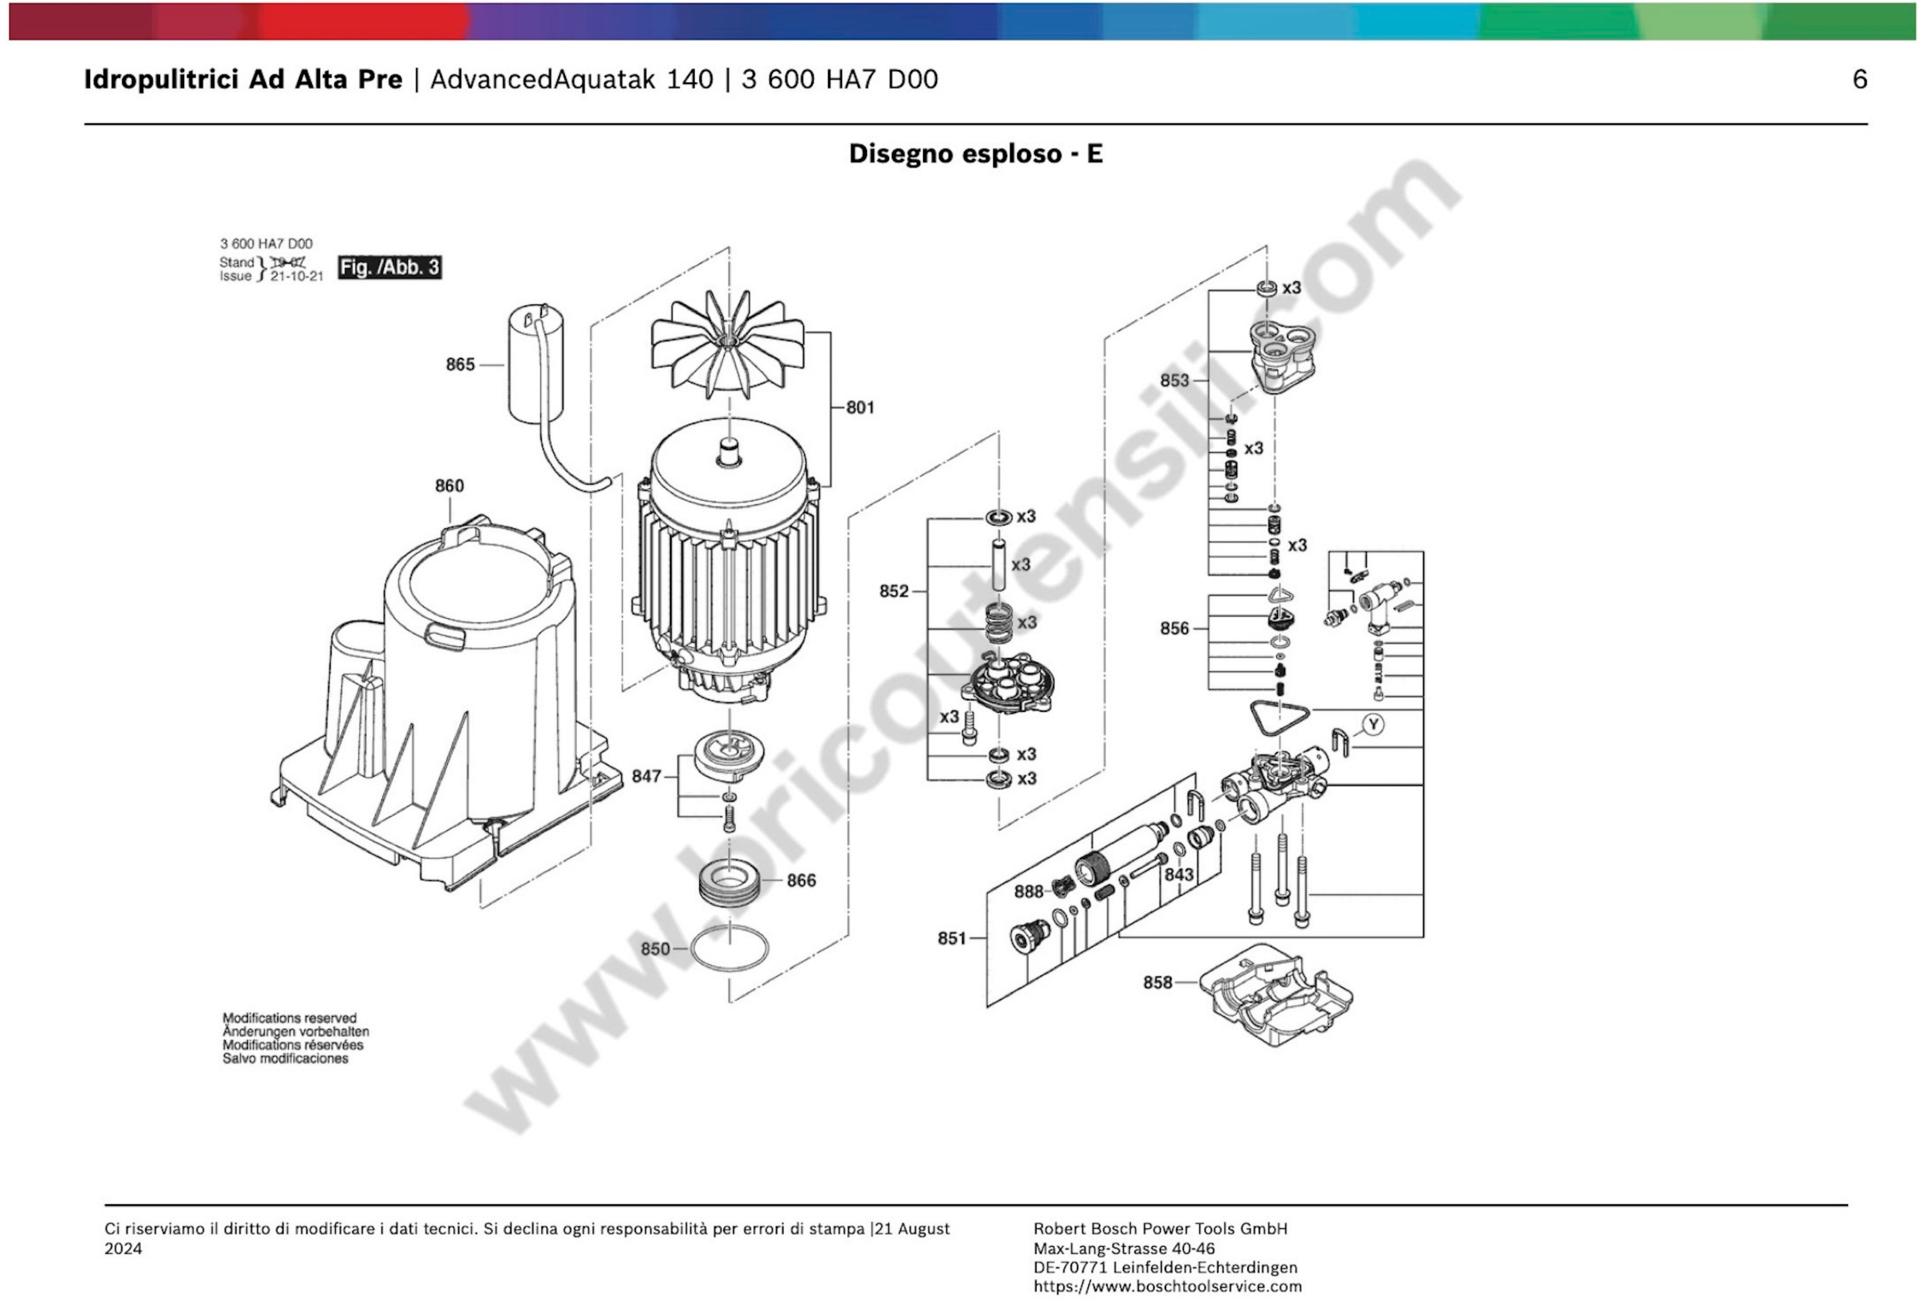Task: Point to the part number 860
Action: pyautogui.click(x=449, y=486)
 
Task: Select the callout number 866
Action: pyautogui.click(x=800, y=880)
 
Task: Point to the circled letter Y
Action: pyautogui.click(x=1373, y=725)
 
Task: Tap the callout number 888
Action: pyautogui.click(x=1029, y=891)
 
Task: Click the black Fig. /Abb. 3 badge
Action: pyautogui.click(x=389, y=267)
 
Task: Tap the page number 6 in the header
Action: pyautogui.click(x=1859, y=79)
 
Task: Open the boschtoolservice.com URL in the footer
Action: pyautogui.click(x=1167, y=1286)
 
